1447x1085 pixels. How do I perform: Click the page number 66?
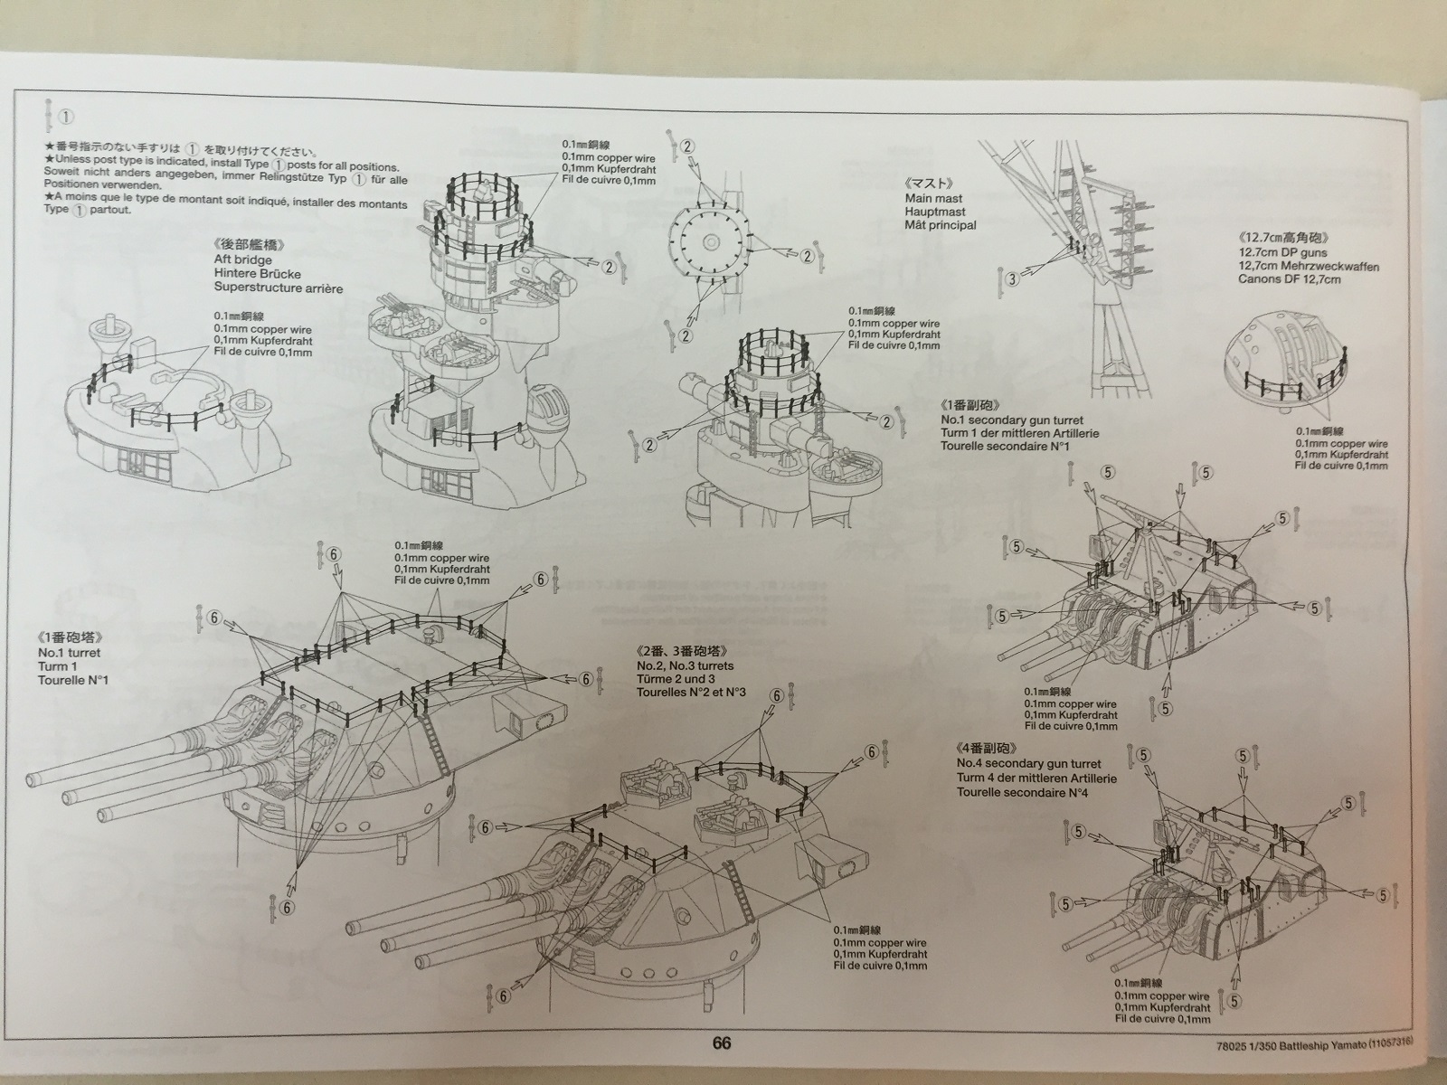tap(721, 1043)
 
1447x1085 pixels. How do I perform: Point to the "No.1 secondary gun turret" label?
tap(1011, 420)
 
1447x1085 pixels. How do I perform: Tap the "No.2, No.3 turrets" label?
tap(686, 665)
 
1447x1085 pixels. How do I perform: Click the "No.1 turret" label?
tap(70, 652)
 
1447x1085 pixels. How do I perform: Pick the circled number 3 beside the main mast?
tap(1012, 279)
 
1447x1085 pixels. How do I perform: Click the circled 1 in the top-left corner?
tap(66, 118)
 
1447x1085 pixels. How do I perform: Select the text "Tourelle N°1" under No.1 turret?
tap(72, 679)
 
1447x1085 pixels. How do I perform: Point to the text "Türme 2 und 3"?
tap(676, 679)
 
